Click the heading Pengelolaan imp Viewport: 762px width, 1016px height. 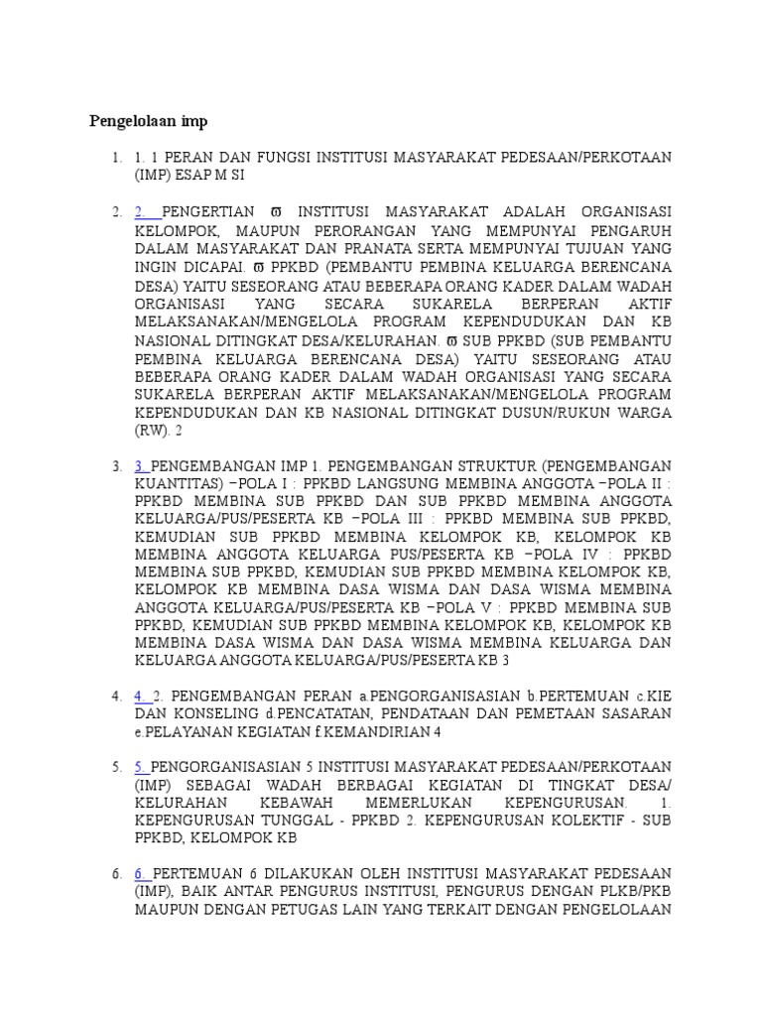click(x=149, y=121)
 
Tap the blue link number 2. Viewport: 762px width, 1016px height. click(x=144, y=212)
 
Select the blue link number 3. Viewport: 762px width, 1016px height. click(x=142, y=465)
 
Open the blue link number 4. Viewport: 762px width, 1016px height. click(x=142, y=696)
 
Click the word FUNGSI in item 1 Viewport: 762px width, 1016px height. click(x=283, y=158)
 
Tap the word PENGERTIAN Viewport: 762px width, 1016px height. click(x=210, y=212)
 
